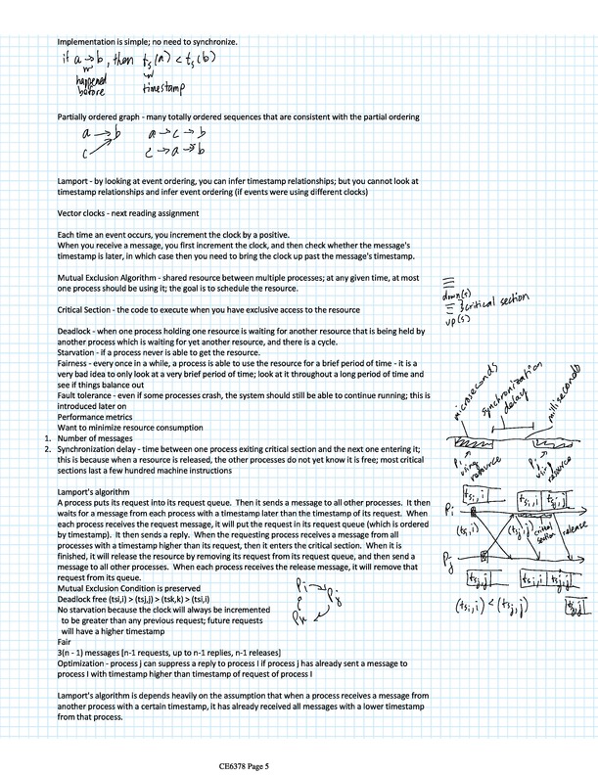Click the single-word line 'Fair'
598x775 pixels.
[x=67, y=642]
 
